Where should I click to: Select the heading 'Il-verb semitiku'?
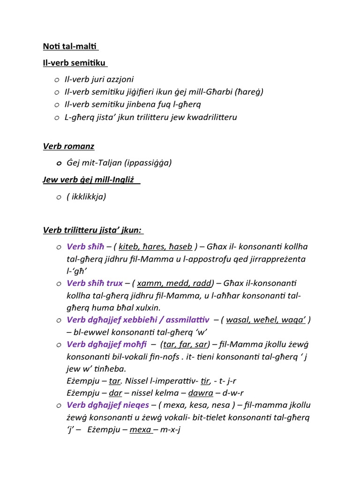(x=74, y=62)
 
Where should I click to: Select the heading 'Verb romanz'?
(x=68, y=146)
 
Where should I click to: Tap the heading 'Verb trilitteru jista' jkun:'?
(x=93, y=230)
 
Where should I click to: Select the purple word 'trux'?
(x=112, y=283)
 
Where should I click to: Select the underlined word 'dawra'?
(x=201, y=393)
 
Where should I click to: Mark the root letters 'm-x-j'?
(x=171, y=429)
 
